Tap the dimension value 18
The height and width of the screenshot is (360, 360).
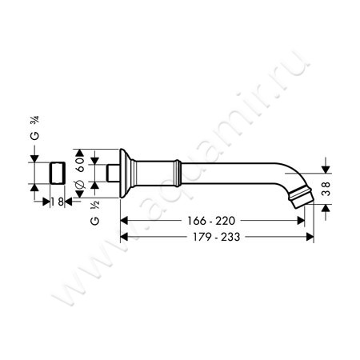[58, 202]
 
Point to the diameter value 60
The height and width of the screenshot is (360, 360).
[80, 164]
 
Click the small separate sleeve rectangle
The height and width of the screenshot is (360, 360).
[57, 174]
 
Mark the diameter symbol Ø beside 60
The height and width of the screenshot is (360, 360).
[80, 187]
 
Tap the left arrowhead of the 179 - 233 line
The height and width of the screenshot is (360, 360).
[123, 237]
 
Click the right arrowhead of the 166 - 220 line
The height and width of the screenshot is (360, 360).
[302, 219]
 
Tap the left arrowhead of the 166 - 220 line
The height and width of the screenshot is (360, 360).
[123, 219]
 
